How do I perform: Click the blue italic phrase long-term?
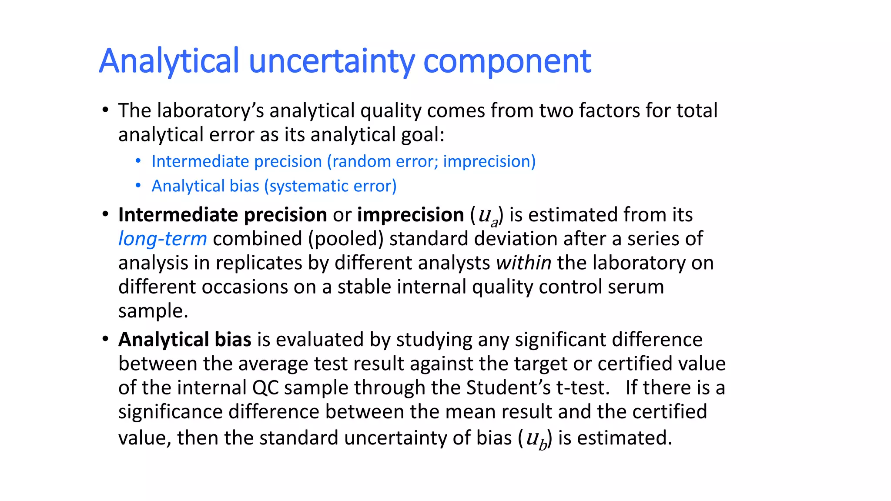coord(162,239)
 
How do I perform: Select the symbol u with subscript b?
coord(536,439)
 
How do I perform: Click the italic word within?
coord(524,263)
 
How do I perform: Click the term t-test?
coord(583,387)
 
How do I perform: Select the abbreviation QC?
coord(265,387)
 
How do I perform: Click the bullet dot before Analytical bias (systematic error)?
coord(138,186)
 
